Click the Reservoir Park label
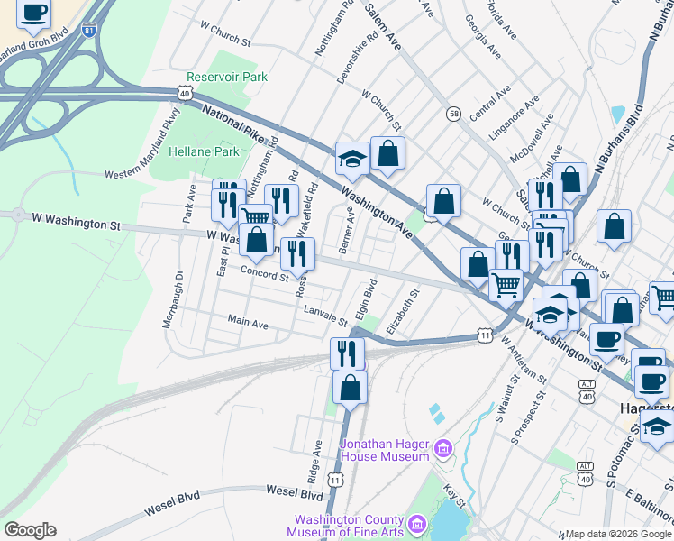tap(227, 78)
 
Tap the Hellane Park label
tap(203, 151)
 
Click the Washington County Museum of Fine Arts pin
tap(416, 524)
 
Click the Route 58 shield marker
tap(453, 114)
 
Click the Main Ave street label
tap(248, 322)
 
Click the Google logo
tap(30, 530)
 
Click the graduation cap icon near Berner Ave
tap(351, 158)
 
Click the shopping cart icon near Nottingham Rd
tap(256, 217)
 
